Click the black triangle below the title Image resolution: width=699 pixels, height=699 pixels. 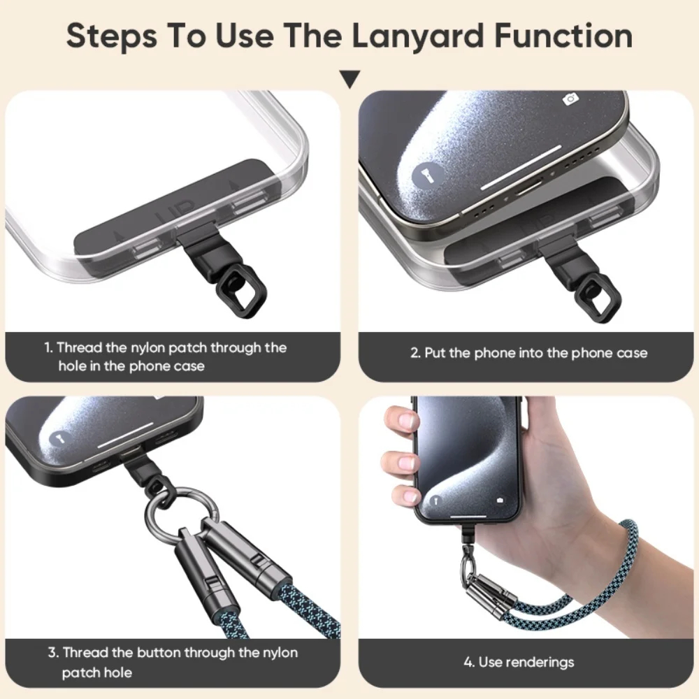[349, 78]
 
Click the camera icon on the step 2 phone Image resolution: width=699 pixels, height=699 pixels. [571, 99]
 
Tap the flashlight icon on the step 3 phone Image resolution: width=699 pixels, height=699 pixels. [57, 440]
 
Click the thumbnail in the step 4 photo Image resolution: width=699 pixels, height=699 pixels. [407, 421]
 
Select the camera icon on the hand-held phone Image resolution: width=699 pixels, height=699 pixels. [500, 500]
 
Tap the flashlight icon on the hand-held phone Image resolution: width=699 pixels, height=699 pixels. [435, 500]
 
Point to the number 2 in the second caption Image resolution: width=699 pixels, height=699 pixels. [415, 353]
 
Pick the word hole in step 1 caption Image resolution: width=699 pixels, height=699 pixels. [72, 366]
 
